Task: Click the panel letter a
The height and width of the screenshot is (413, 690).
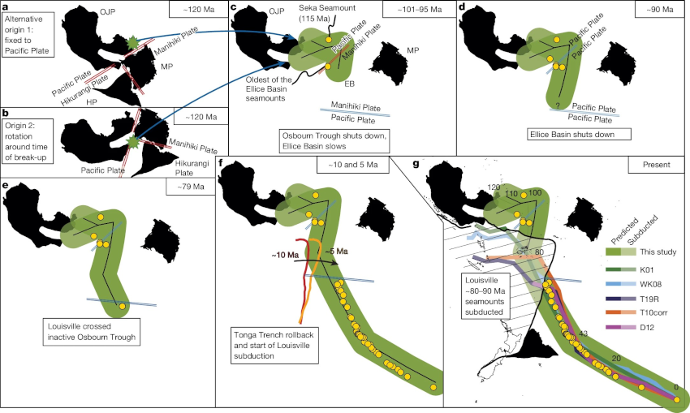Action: click(x=6, y=7)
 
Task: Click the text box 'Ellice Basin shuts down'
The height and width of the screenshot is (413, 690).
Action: click(x=567, y=133)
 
